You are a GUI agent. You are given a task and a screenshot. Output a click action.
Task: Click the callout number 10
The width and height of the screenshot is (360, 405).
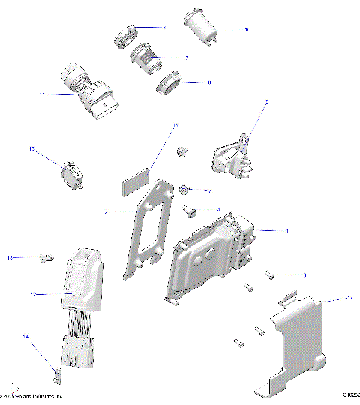point(247,29)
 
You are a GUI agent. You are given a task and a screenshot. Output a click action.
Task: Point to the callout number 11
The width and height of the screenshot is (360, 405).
point(42,94)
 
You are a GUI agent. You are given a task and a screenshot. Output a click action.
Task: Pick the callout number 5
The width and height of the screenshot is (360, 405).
point(266,100)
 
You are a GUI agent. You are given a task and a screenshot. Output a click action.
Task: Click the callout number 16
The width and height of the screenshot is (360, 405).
point(175,127)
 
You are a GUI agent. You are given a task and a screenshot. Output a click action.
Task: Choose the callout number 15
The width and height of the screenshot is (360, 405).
point(32,149)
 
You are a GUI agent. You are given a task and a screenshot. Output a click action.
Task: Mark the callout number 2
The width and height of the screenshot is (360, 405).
point(106,213)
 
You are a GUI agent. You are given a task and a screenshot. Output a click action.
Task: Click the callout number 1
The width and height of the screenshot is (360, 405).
point(285,231)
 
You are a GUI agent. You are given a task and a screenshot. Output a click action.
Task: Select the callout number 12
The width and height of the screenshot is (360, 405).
point(33,295)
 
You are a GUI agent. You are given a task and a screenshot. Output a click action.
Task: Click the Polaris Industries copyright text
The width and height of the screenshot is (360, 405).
point(34,396)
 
